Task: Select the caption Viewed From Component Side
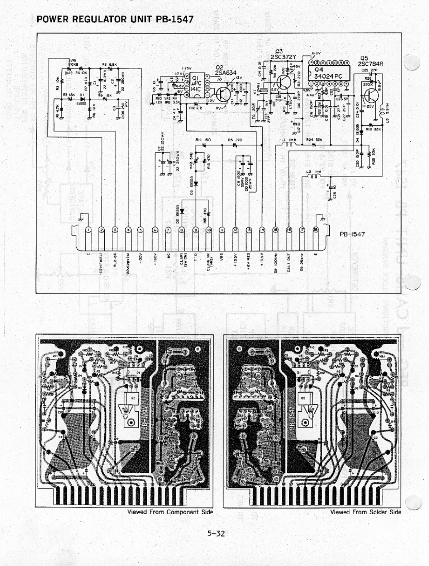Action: coord(170,512)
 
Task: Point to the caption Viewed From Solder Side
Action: coord(365,512)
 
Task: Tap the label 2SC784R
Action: coord(371,64)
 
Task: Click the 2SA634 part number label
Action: coord(226,73)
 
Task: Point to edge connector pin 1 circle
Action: coord(88,230)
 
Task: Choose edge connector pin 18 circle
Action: coord(316,230)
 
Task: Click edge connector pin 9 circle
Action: coord(195,230)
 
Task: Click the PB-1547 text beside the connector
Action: coord(352,234)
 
